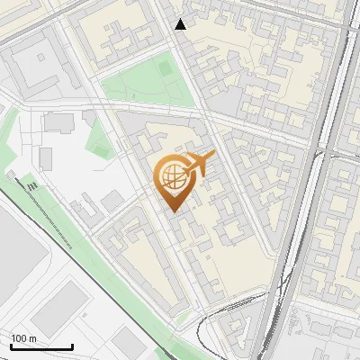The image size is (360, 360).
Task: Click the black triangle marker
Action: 181,24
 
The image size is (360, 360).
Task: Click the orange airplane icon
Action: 199,164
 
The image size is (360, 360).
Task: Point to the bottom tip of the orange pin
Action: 171,211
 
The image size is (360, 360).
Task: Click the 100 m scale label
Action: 24,338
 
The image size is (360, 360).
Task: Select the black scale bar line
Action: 41,346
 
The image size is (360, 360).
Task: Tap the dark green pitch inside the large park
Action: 165,67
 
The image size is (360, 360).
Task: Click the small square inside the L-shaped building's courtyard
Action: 40,58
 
